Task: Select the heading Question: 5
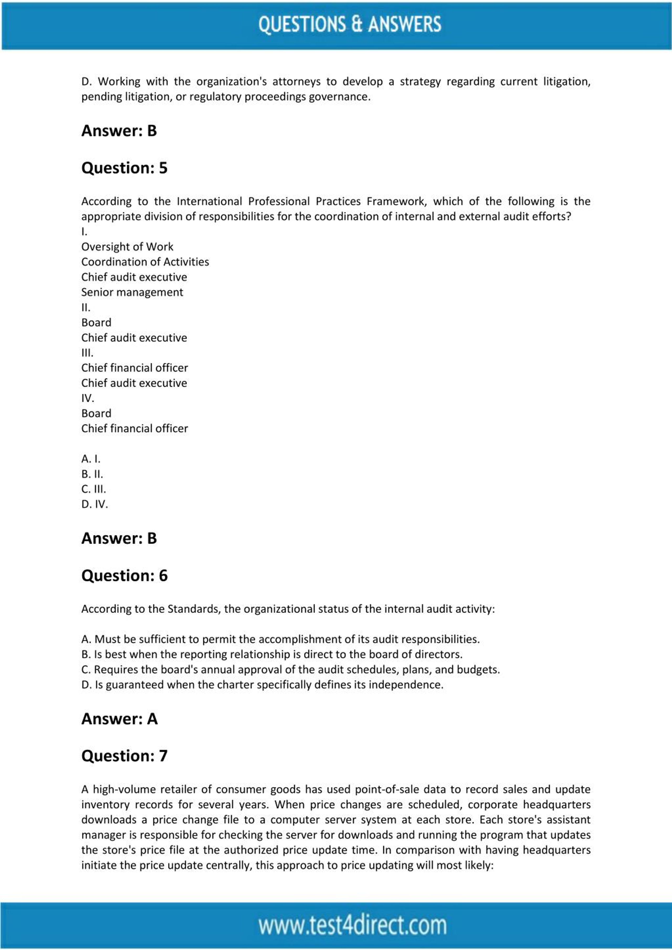click(x=124, y=168)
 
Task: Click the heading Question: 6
click(x=124, y=576)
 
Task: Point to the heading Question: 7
click(x=124, y=756)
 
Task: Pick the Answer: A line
click(x=119, y=719)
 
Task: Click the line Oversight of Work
click(x=127, y=247)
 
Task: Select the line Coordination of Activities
click(x=145, y=262)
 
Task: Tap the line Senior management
click(x=132, y=292)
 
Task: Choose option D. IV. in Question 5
click(x=94, y=504)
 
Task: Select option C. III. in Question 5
click(x=93, y=489)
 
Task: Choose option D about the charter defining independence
click(x=262, y=684)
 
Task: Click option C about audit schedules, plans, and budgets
click(x=291, y=670)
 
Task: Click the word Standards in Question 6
click(x=193, y=609)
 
